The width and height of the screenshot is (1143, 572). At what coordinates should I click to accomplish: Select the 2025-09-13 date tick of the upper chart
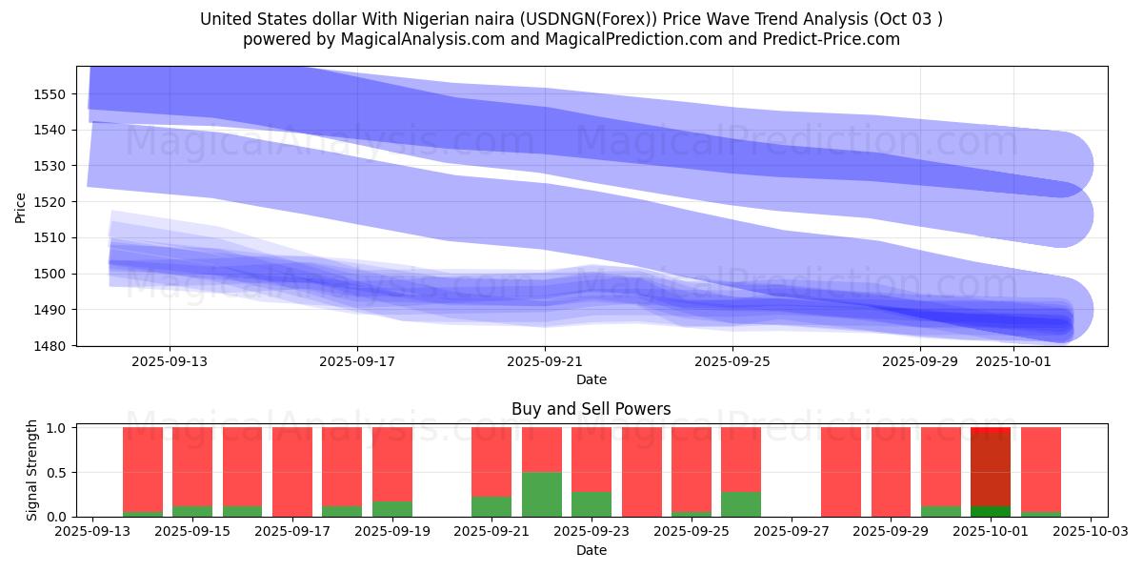tap(170, 361)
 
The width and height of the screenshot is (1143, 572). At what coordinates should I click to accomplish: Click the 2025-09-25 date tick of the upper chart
tap(732, 361)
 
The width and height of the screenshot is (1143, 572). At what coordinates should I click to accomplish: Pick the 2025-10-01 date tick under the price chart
tap(1013, 361)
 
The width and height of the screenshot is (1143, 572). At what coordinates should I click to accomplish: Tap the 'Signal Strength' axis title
tap(32, 469)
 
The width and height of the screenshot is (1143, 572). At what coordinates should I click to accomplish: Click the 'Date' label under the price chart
tap(592, 379)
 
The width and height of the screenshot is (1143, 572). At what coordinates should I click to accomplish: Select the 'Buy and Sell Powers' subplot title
tap(592, 409)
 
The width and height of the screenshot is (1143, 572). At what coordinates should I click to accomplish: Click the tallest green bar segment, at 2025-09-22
tap(542, 494)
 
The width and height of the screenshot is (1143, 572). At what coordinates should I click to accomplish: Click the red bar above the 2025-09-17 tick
tap(292, 471)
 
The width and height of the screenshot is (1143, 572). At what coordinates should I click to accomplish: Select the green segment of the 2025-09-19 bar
tap(392, 509)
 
